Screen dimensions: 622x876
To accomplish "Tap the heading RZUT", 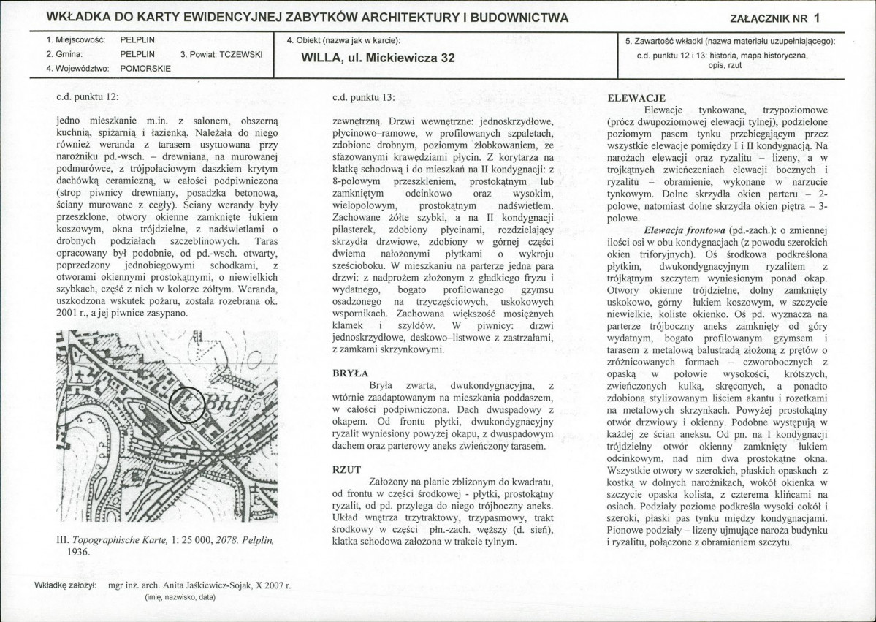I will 346,470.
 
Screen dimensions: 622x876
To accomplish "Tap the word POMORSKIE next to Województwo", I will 145,69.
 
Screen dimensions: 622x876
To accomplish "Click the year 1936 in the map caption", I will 80,553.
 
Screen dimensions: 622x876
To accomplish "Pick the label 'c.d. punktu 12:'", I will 86,96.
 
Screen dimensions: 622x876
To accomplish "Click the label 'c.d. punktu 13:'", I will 362,96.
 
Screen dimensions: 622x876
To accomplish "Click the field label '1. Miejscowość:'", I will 76,39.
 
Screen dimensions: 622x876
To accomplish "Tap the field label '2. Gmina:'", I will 64,54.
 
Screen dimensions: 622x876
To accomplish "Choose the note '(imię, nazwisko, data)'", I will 180,597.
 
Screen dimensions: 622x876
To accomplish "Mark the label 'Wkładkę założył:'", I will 66,585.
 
